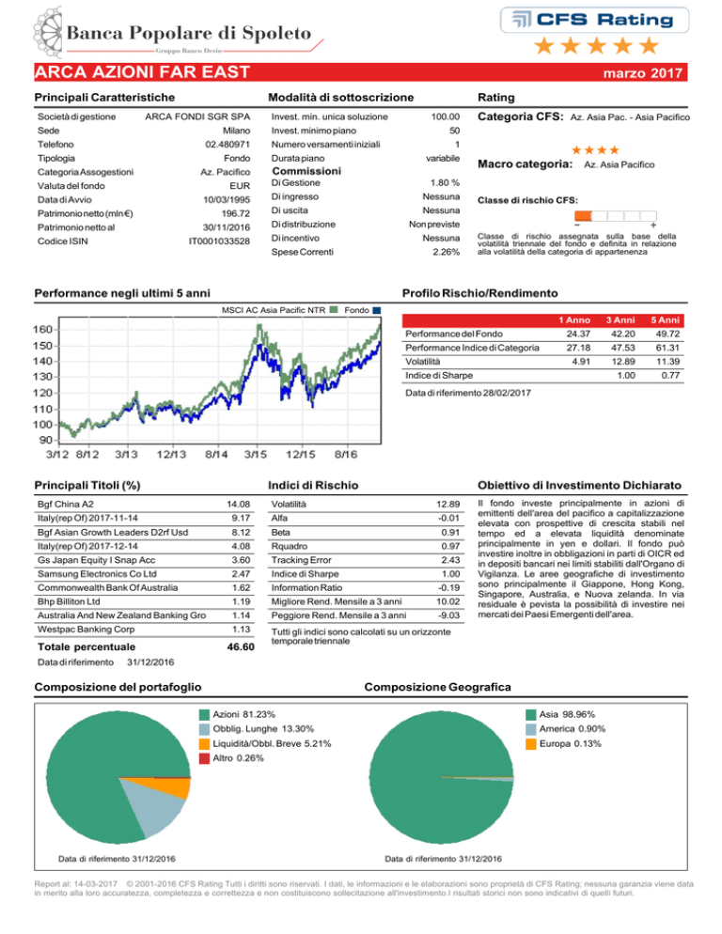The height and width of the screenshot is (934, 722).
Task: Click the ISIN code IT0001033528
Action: [x=219, y=241]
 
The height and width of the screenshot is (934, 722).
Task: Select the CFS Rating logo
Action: [x=594, y=21]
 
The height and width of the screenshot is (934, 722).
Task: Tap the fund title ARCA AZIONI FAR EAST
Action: [x=142, y=72]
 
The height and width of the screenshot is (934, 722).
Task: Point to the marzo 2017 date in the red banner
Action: [x=643, y=73]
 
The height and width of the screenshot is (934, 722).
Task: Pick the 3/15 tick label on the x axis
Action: [x=256, y=455]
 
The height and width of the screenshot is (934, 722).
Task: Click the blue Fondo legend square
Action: [x=376, y=310]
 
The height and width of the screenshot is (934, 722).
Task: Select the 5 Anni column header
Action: [x=665, y=320]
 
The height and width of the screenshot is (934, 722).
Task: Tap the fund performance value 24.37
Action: [x=578, y=335]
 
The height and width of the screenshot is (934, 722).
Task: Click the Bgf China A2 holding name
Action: [x=66, y=504]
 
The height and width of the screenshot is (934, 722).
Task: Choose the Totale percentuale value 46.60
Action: [x=241, y=646]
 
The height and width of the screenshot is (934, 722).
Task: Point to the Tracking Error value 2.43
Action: [x=450, y=560]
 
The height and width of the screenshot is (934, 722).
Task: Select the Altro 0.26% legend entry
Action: [x=231, y=758]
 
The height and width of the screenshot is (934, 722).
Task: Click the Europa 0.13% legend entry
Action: [x=563, y=744]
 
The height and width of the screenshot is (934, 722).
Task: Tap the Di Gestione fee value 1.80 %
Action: [x=445, y=183]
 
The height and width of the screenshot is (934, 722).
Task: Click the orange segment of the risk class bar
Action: [x=583, y=215]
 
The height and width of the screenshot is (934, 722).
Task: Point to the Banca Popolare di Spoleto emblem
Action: [x=48, y=32]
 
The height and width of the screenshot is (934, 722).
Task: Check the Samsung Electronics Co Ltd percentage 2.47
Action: [x=241, y=573]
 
